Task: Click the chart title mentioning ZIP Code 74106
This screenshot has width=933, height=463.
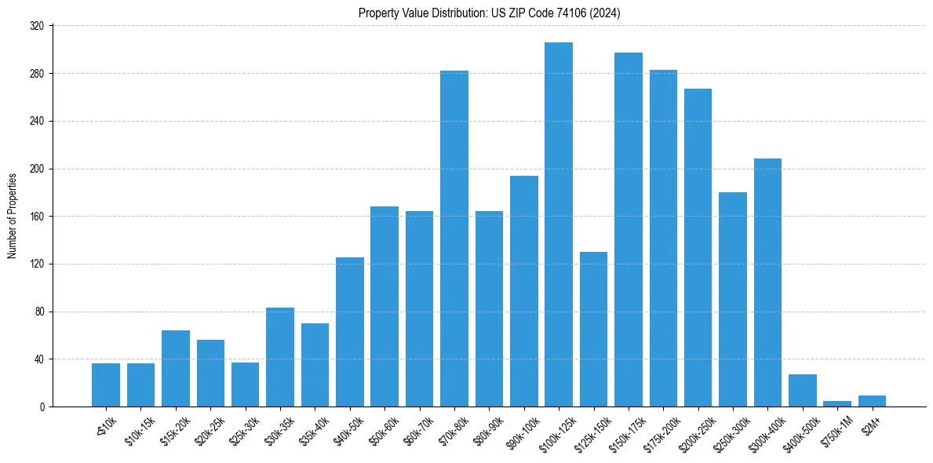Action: [x=489, y=13]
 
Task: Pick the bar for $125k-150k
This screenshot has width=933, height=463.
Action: [x=593, y=330]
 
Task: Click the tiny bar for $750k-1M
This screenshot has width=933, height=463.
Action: [x=837, y=403]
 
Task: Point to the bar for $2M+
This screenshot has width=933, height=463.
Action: [x=872, y=401]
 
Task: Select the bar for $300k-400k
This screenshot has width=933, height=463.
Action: [x=767, y=283]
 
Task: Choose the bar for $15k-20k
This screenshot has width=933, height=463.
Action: [x=176, y=369]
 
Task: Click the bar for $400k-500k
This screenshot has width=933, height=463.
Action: [x=803, y=391]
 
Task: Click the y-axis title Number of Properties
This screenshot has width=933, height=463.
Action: [x=13, y=216]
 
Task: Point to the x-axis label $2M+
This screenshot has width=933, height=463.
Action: [x=872, y=424]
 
